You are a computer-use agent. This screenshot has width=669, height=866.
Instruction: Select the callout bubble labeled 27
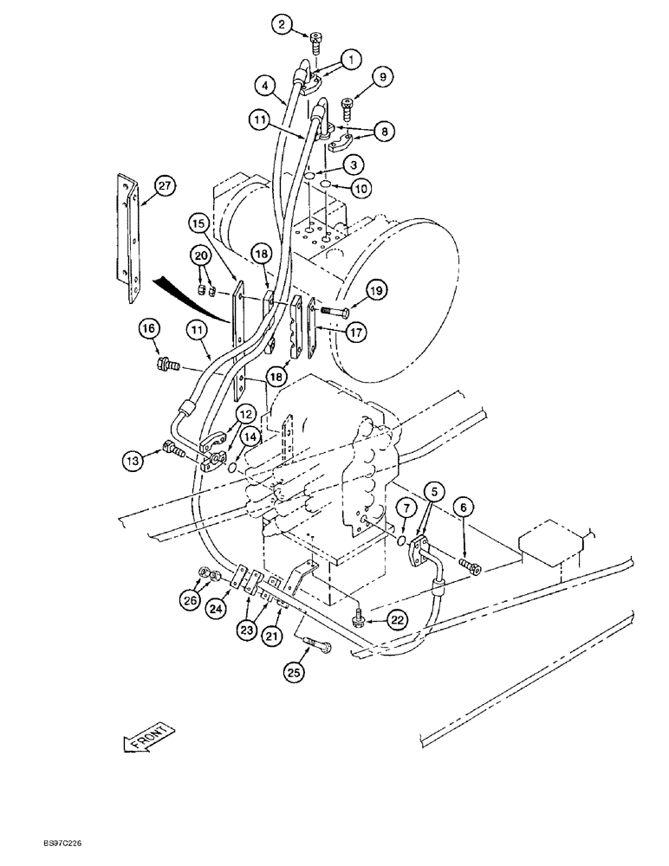click(165, 184)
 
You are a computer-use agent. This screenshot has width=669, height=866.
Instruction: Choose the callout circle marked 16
click(148, 328)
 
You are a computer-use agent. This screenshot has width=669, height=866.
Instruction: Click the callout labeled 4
click(266, 86)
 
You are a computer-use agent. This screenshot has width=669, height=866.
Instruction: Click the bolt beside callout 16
click(166, 364)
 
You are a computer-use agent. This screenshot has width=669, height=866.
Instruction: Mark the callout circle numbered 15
click(198, 223)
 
